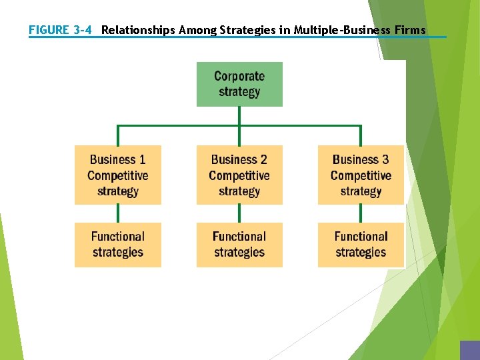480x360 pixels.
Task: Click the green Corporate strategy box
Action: point(239,84)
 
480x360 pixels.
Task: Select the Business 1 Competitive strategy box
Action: point(118,175)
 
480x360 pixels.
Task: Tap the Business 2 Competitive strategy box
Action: point(239,175)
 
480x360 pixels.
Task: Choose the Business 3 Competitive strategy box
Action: point(361,175)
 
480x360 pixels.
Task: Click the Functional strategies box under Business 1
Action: point(118,245)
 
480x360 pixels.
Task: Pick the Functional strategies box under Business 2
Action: point(239,245)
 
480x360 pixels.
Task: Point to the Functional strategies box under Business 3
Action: point(361,245)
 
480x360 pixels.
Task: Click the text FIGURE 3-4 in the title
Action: point(60,30)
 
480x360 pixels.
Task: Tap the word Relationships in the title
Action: point(139,30)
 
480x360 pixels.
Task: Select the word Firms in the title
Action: point(409,30)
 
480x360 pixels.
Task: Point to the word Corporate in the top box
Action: point(239,76)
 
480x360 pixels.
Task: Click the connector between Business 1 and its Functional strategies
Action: point(118,213)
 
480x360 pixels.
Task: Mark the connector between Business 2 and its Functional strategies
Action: point(239,213)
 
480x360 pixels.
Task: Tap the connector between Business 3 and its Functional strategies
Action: point(361,213)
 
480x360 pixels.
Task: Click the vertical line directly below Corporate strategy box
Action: point(239,115)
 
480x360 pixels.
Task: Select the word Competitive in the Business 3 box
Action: point(361,175)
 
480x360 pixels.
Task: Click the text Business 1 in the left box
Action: point(118,159)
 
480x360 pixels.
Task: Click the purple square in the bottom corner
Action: point(469,351)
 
